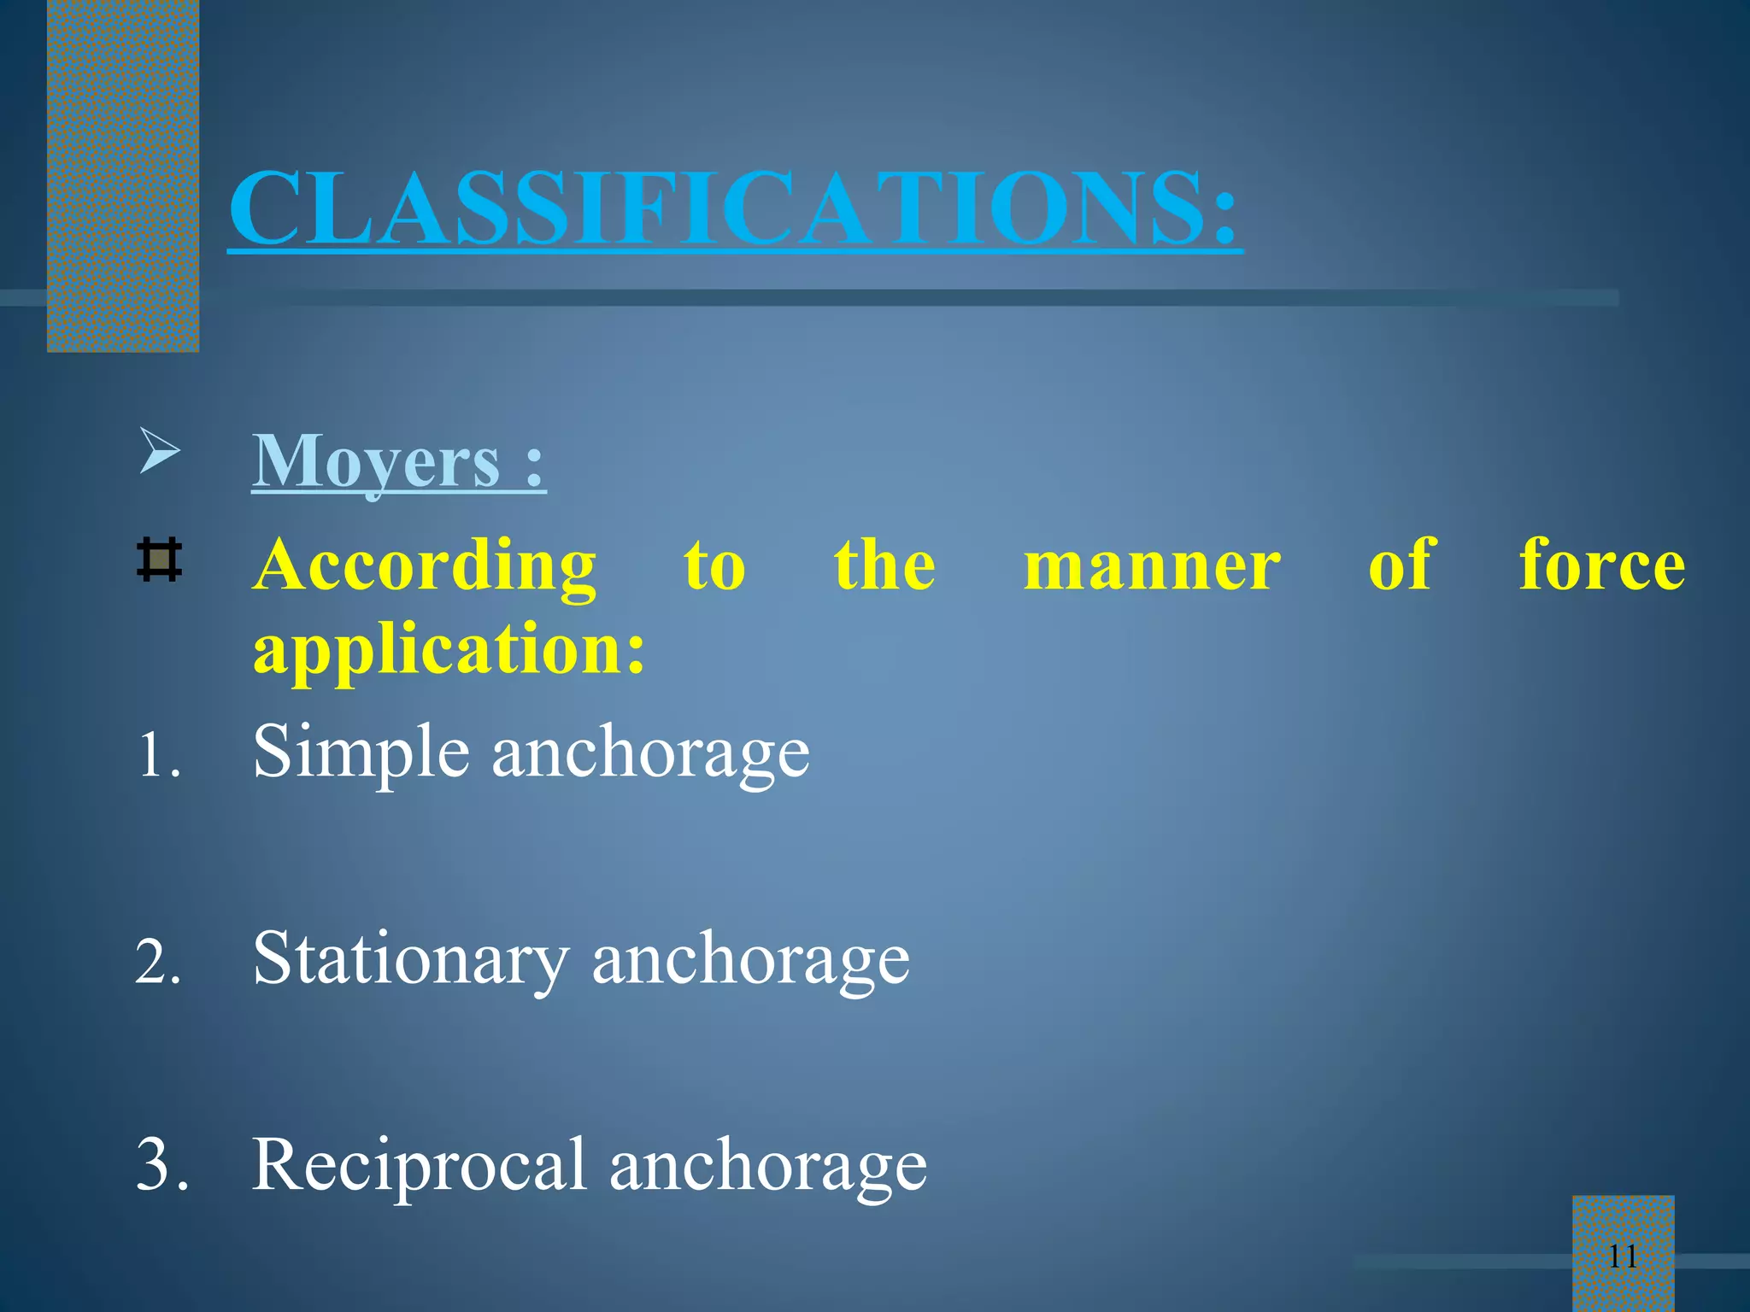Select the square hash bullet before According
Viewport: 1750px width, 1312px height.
coord(159,560)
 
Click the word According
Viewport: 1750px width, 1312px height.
coord(425,565)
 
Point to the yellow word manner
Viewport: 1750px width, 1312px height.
coord(1152,565)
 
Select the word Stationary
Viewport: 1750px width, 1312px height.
coord(411,959)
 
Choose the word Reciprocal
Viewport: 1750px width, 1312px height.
coord(419,1165)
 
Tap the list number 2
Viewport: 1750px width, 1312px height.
coord(159,963)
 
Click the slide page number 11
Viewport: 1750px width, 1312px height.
coord(1623,1256)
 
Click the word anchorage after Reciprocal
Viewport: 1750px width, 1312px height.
coord(767,1167)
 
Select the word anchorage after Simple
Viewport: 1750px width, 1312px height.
coord(651,753)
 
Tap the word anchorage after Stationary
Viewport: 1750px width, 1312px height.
coord(751,959)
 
